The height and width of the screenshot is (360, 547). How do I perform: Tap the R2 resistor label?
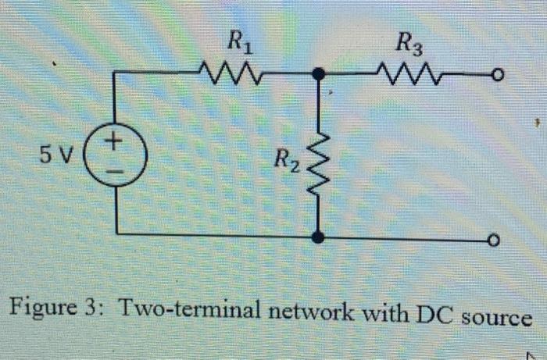point(286,163)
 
